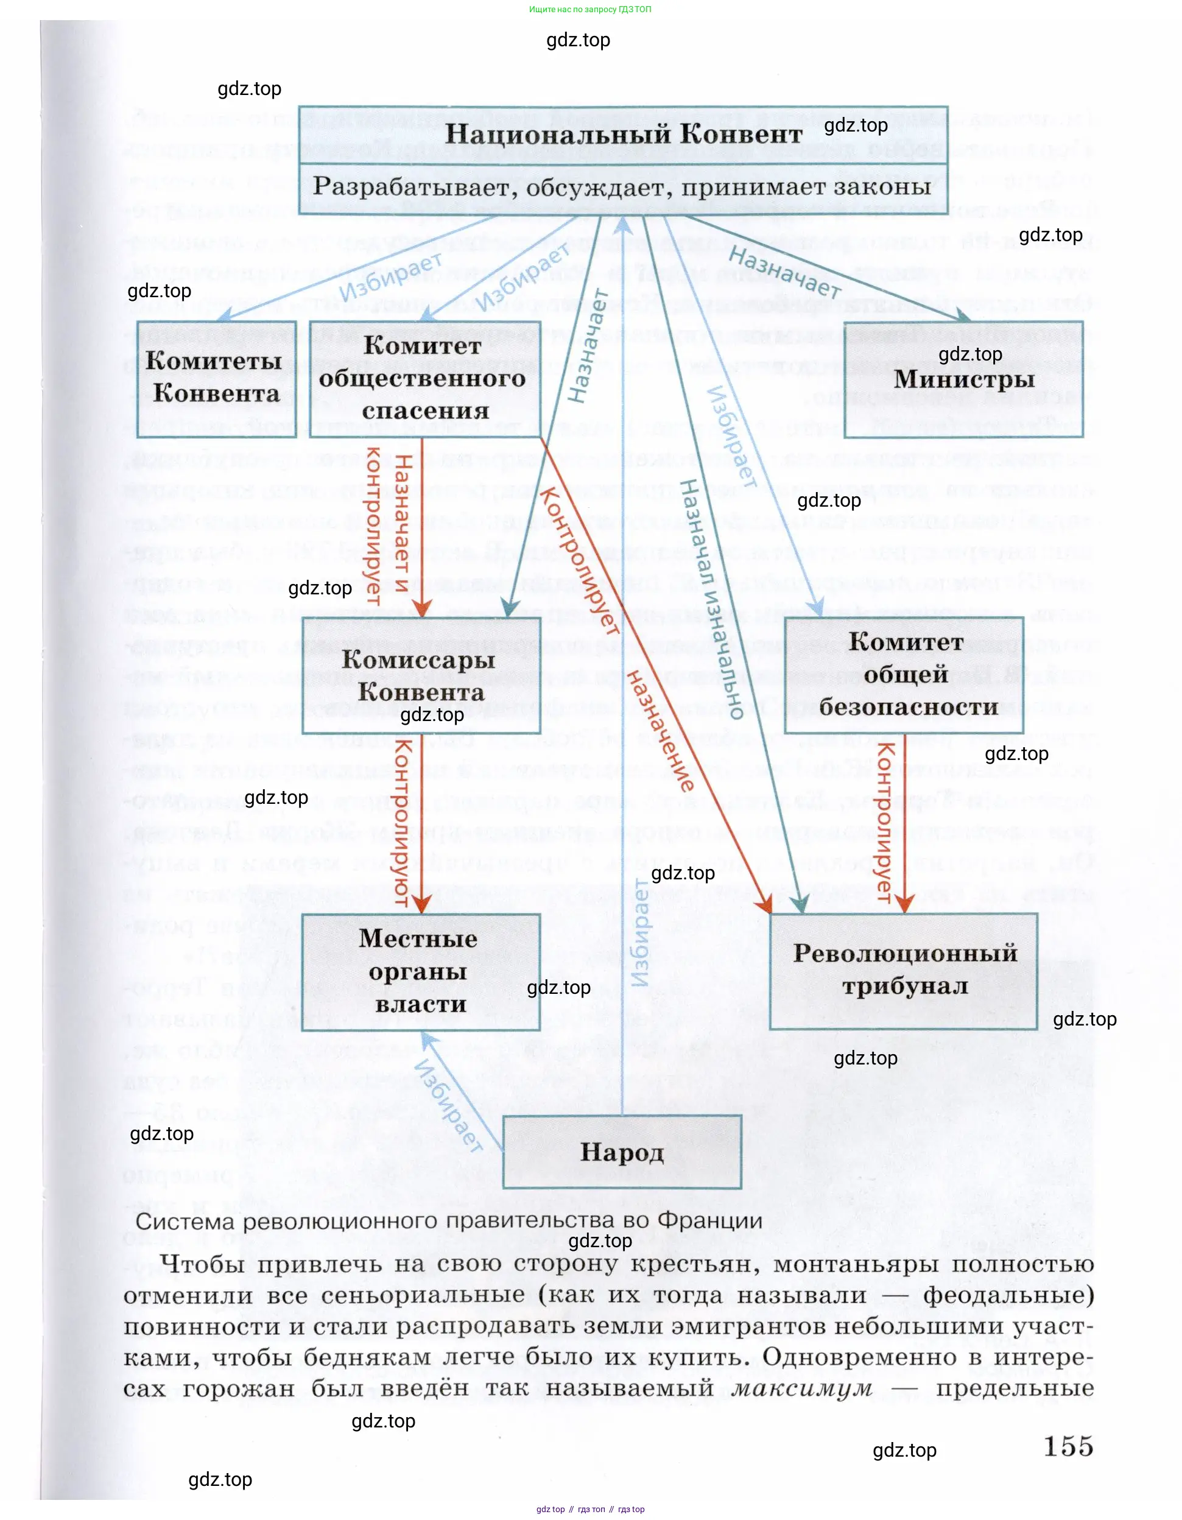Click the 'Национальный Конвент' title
pos(623,133)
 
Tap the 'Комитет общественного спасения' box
pos(424,379)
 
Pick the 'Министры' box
pos(963,379)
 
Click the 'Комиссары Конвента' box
pos(421,676)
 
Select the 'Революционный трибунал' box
pos(904,970)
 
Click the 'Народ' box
pos(622,1152)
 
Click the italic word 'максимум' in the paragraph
pos(802,1388)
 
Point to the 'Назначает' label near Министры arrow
pos(784,272)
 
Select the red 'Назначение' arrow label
pos(661,731)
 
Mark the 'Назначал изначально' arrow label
pos(710,599)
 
